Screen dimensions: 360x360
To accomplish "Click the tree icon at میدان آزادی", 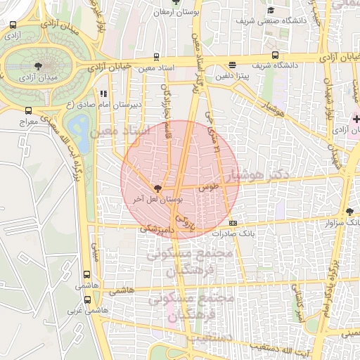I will click(x=37, y=66).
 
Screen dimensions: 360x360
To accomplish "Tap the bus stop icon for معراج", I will click(x=28, y=110).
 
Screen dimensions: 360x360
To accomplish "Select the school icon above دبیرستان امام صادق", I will click(x=104, y=93).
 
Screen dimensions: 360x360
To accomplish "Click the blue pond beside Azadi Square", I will click(x=79, y=131).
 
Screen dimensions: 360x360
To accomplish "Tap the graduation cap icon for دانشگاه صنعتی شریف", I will click(x=271, y=10).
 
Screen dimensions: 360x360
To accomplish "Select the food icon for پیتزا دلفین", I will click(x=233, y=65).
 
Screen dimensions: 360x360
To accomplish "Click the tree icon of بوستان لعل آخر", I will click(x=157, y=188).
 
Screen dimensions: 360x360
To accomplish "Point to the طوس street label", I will click(x=208, y=187).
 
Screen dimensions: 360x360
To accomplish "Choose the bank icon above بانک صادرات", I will click(x=233, y=223).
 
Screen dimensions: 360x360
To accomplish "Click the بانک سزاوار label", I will click(x=319, y=222).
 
